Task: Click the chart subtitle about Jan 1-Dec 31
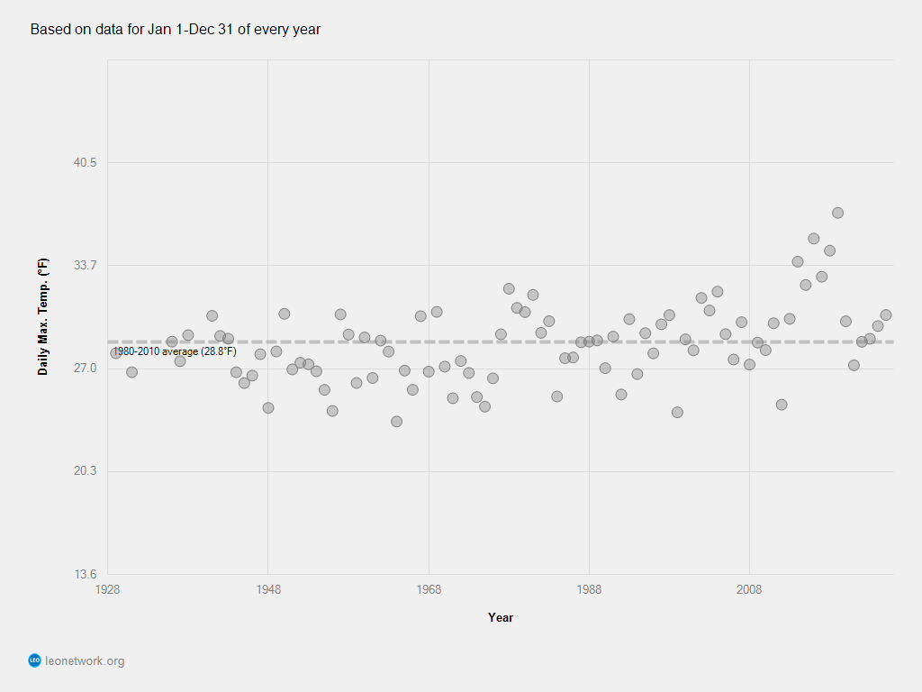tap(176, 30)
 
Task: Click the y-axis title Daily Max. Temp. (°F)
tap(43, 317)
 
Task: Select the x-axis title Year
tap(501, 617)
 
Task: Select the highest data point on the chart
tap(837, 213)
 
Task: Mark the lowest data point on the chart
tap(396, 422)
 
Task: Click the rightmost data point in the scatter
tap(886, 314)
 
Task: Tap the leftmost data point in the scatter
tap(115, 353)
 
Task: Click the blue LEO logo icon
tap(35, 660)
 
